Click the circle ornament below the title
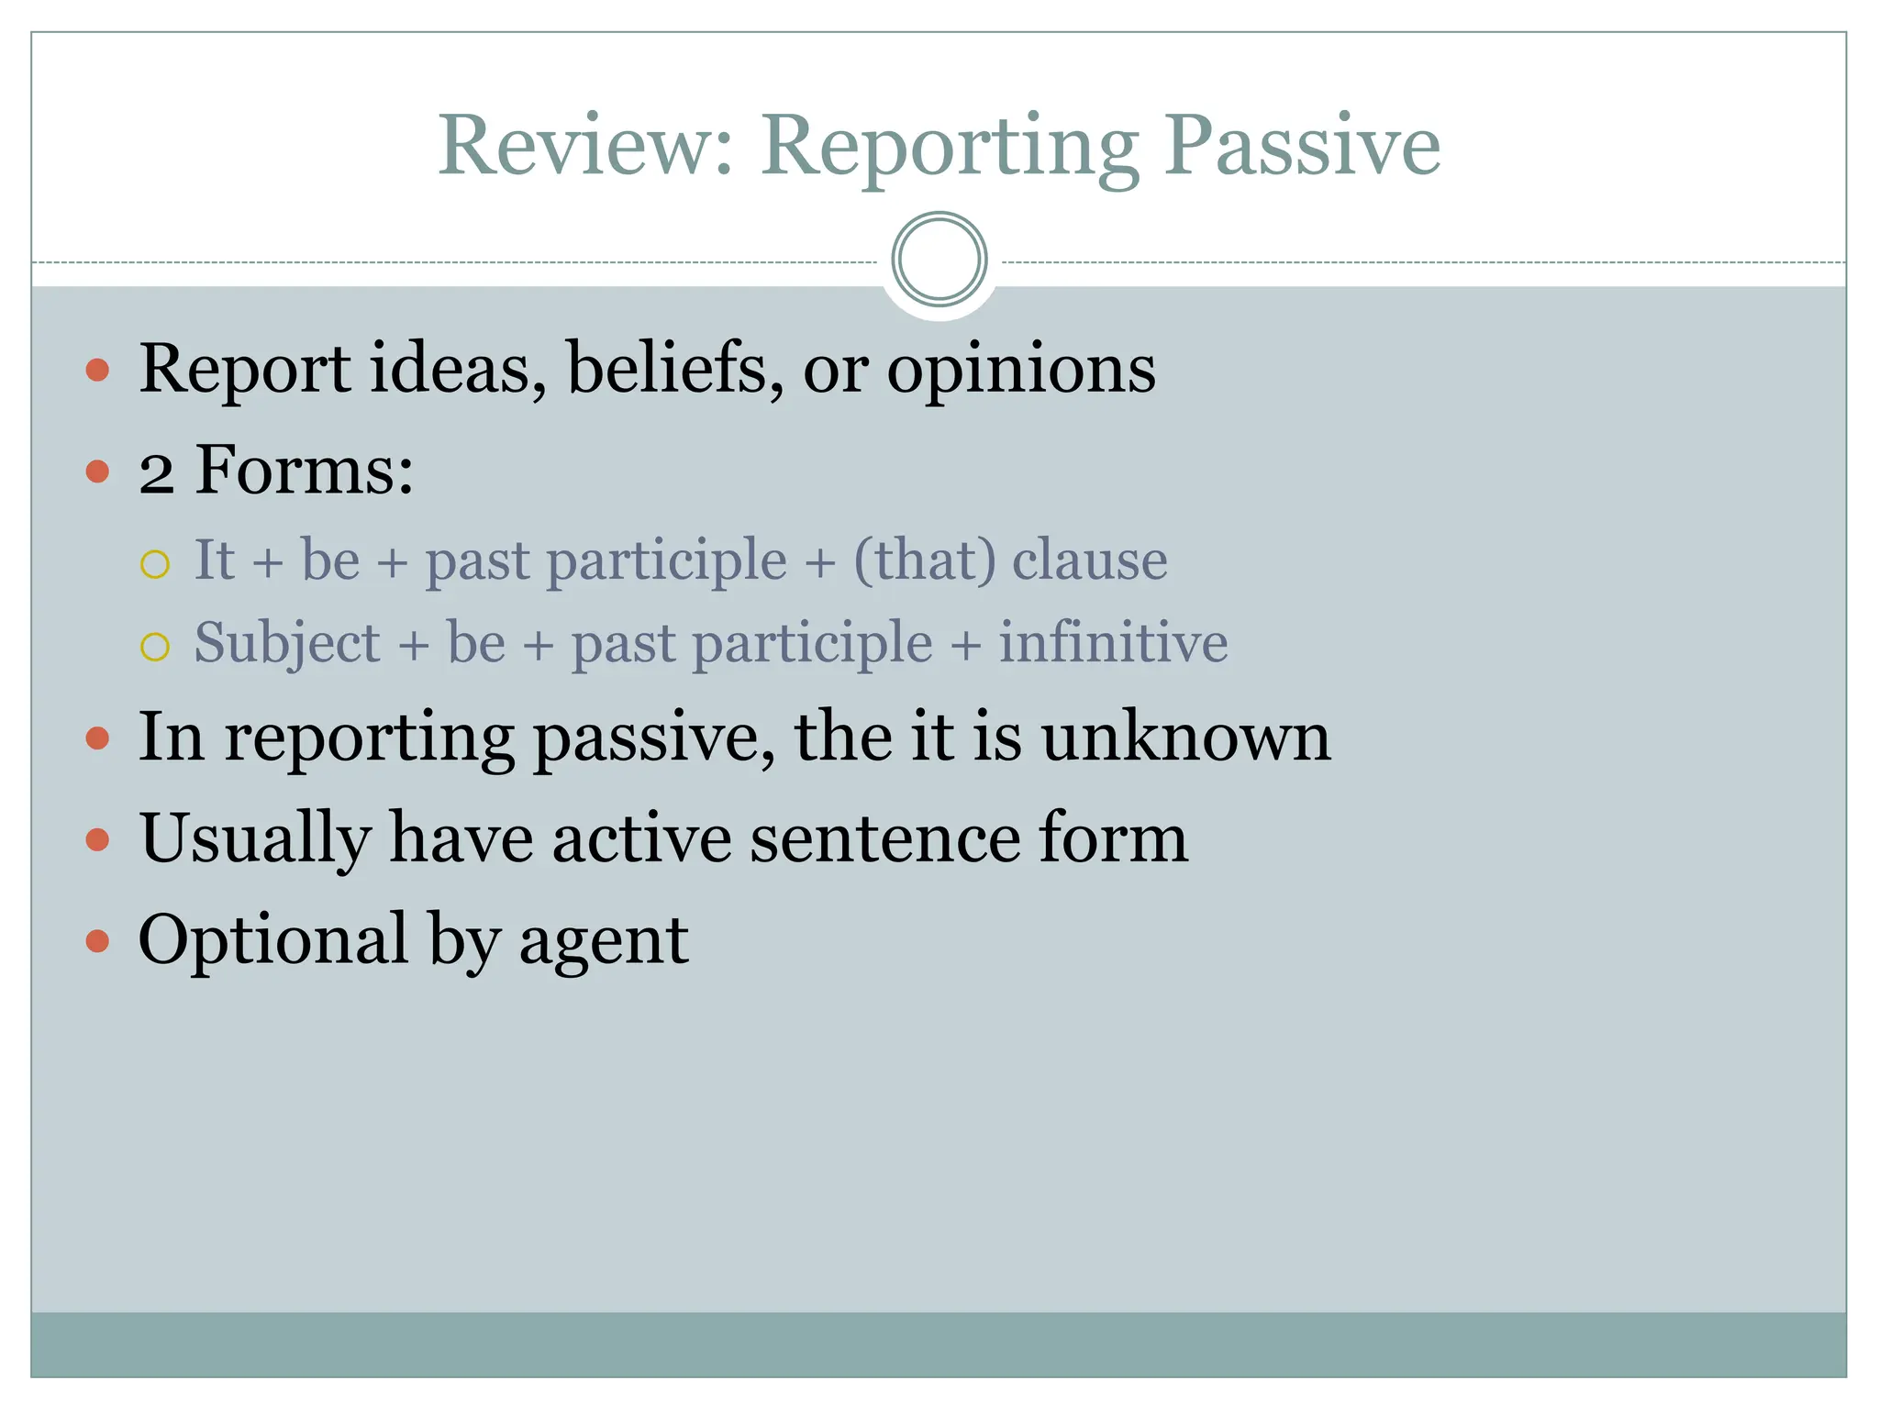tap(939, 260)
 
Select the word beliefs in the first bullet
tap(675, 369)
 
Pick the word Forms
tap(304, 471)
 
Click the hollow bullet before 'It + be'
tap(155, 564)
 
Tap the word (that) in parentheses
tap(924, 560)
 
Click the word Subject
tap(286, 644)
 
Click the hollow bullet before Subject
tap(155, 647)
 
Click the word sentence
tap(884, 838)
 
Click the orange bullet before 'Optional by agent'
tap(97, 941)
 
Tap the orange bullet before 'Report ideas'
tap(97, 371)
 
